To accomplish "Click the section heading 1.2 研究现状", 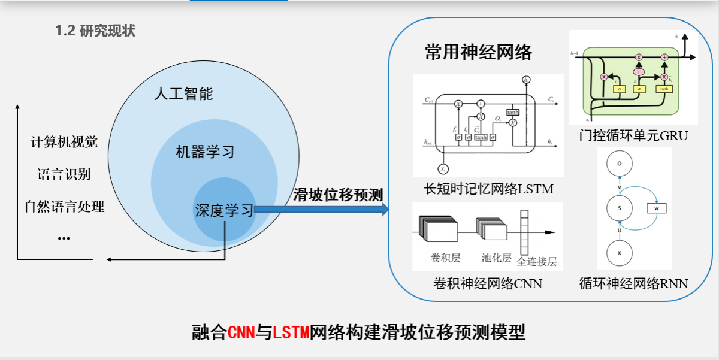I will (95, 31).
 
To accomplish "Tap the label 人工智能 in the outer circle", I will (183, 94).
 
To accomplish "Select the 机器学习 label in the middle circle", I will (205, 152).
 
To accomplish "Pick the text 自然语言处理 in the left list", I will (64, 207).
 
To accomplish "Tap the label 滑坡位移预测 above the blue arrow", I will (338, 195).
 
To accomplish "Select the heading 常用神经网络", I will (478, 52).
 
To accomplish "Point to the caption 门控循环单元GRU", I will (633, 136).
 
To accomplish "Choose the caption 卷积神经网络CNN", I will (487, 283).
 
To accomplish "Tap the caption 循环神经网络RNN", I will (633, 283).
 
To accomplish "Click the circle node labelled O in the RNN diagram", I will (620, 162).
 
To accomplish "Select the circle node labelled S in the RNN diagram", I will (620, 208).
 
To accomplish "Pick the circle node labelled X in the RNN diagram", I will (620, 253).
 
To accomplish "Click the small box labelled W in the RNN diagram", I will (656, 208).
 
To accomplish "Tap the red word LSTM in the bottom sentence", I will (291, 332).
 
